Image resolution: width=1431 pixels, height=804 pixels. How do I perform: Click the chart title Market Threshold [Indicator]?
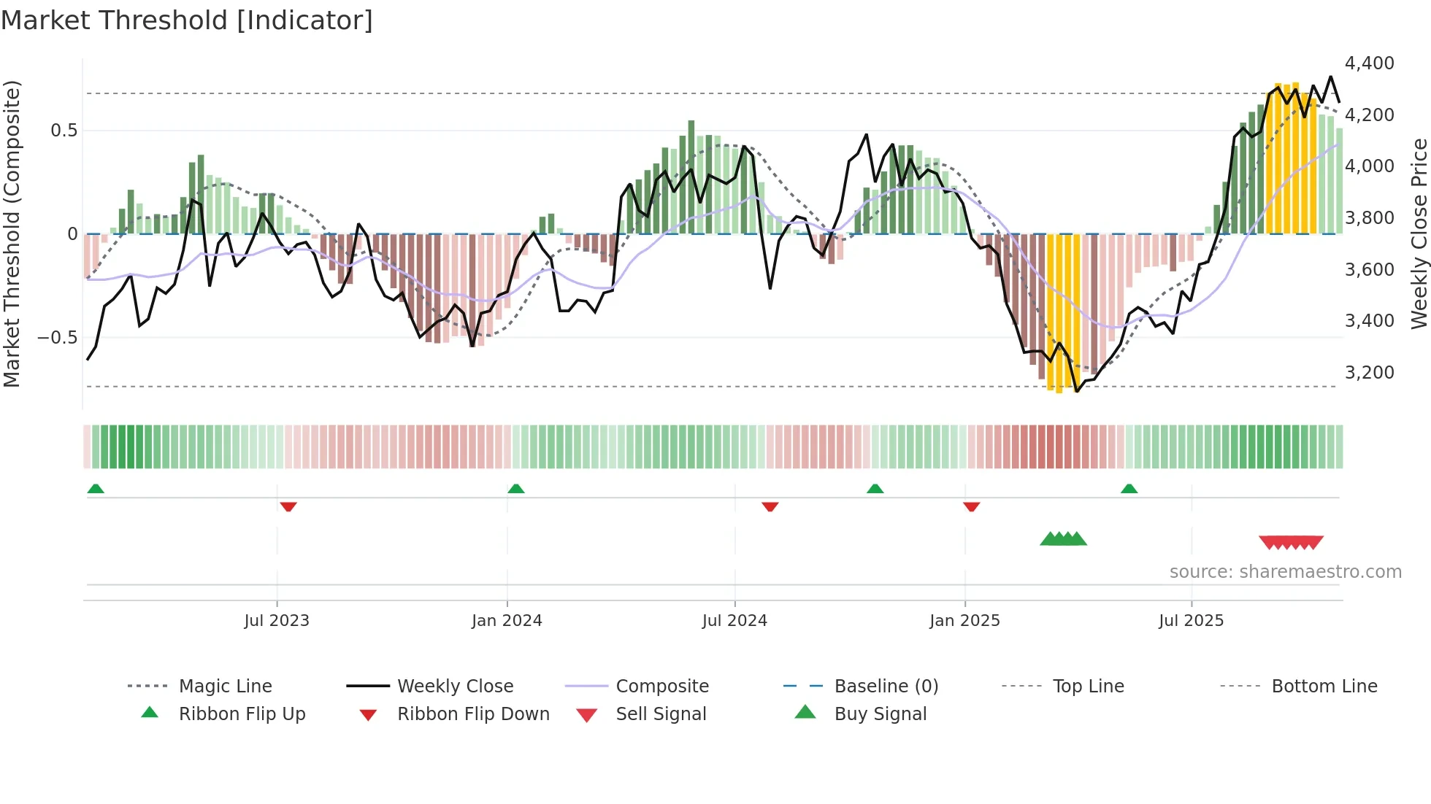point(187,20)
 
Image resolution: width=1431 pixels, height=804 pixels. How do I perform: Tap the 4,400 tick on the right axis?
point(1369,63)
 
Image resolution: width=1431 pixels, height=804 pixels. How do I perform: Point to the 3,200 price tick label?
point(1369,373)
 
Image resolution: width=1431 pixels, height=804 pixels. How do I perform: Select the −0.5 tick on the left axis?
point(57,337)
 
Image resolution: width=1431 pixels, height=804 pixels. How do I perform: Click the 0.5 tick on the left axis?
point(64,131)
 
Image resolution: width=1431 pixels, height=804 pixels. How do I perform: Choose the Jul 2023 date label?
point(277,621)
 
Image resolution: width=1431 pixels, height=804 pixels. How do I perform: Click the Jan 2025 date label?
point(964,621)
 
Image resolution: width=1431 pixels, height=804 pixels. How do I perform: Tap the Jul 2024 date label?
point(734,621)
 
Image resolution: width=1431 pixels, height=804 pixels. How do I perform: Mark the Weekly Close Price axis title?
point(1419,233)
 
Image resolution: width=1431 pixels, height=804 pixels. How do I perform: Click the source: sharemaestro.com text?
point(1285,572)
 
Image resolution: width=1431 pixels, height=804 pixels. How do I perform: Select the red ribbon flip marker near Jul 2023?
point(288,506)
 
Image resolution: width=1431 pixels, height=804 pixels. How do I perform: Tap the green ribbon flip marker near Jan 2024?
point(516,488)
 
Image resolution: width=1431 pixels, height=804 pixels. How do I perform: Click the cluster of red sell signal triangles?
point(1291,542)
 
